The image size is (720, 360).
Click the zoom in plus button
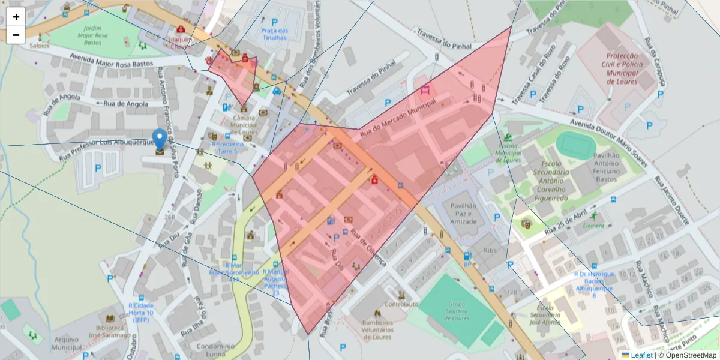click(x=16, y=17)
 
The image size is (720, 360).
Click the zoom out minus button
click(x=16, y=35)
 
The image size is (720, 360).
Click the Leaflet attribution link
click(x=641, y=355)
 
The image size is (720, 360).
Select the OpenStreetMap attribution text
click(x=691, y=355)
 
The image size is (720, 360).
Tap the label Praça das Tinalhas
click(x=274, y=34)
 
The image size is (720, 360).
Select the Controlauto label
click(x=401, y=304)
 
